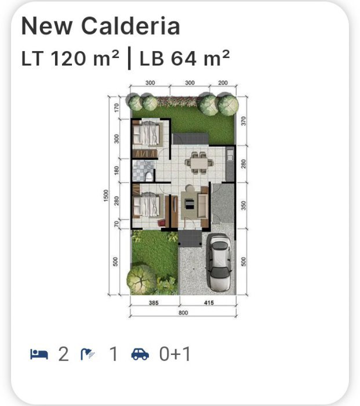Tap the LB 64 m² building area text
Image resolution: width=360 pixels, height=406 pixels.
point(184,58)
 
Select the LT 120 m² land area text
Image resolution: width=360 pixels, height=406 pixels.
point(70,58)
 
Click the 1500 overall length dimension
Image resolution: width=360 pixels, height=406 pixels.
point(106,196)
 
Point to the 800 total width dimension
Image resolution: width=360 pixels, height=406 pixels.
point(183,313)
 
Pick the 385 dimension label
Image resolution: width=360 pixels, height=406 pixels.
point(154,302)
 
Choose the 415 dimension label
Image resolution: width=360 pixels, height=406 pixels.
point(209,302)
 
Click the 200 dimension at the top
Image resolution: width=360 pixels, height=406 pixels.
point(223,82)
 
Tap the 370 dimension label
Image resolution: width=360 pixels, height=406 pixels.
point(243,121)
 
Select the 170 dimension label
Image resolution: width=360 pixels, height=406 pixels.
point(117,108)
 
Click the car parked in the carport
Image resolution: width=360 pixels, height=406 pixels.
point(220,262)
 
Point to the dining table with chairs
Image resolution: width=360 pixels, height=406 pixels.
point(199,162)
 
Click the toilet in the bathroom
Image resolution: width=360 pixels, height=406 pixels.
point(148,176)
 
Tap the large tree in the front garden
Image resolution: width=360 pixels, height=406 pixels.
point(141,280)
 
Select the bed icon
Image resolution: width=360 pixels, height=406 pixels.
point(39,354)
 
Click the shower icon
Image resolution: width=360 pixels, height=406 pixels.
point(88,354)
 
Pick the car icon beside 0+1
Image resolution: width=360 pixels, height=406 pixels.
point(140,354)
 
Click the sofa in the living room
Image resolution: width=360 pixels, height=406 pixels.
point(202,205)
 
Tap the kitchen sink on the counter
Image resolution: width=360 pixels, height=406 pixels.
point(230,155)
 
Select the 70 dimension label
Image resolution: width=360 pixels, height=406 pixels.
point(117,223)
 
